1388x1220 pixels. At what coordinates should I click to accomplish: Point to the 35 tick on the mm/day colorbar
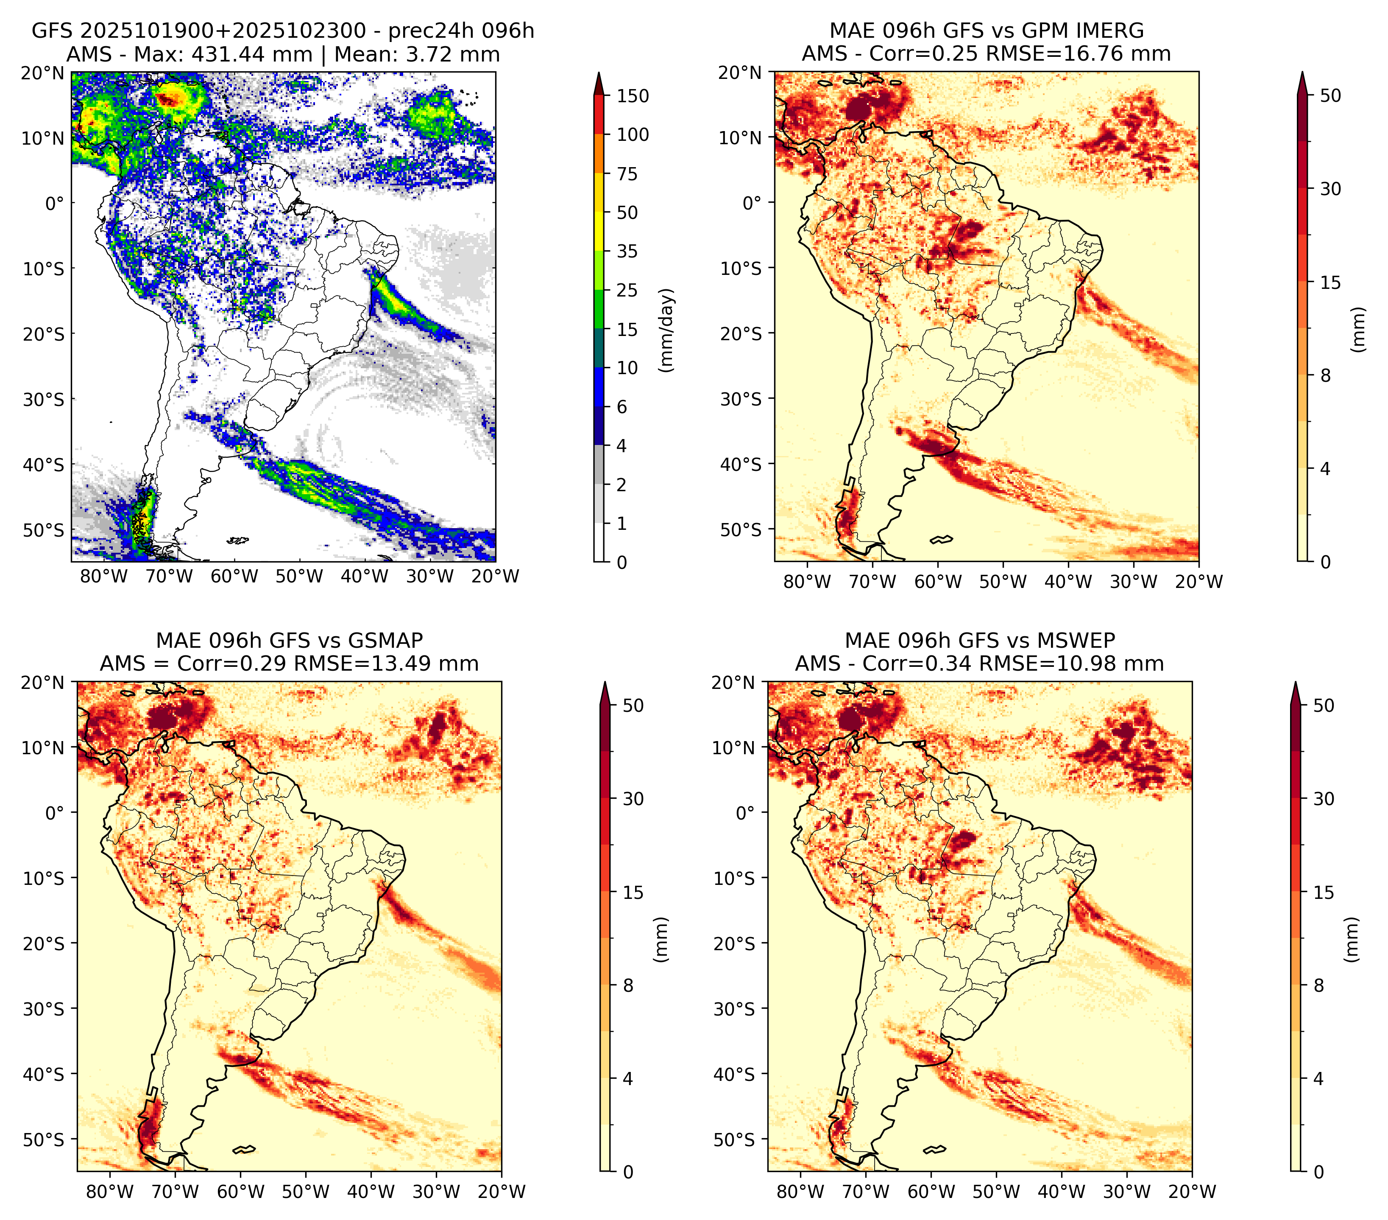click(627, 251)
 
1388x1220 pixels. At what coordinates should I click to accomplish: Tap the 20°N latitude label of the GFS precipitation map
click(43, 73)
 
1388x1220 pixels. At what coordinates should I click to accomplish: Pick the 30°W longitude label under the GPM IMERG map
click(1133, 582)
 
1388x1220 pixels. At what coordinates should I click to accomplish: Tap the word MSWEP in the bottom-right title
click(1074, 641)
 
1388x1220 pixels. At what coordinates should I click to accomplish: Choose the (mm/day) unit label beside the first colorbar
click(667, 330)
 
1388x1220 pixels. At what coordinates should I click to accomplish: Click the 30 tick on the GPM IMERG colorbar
click(1331, 189)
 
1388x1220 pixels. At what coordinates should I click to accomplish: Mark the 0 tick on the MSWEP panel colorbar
click(1319, 1172)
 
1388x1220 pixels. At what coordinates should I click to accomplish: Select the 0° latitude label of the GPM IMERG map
click(752, 202)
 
